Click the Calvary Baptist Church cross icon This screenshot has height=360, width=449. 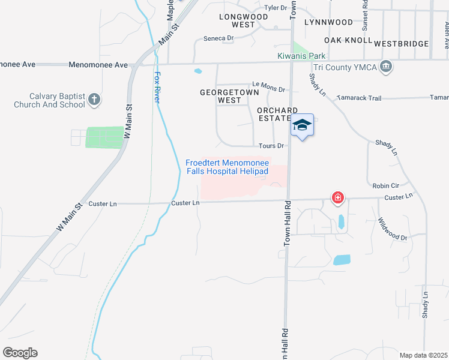coord(94,100)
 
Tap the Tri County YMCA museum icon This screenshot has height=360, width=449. coord(387,67)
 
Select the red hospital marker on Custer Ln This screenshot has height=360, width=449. coord(338,197)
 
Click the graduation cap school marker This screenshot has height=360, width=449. coord(303,125)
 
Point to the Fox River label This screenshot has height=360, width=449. coord(158,88)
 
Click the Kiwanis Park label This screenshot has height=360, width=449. coord(301,56)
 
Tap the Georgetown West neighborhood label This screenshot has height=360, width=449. coord(229,97)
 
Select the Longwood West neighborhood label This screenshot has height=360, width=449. coord(237,21)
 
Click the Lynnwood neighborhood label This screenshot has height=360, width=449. coord(328,22)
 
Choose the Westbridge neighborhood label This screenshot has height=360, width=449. coord(401,44)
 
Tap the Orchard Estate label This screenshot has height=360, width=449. coord(277,115)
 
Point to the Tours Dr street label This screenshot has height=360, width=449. coord(271,146)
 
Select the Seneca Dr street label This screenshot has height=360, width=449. coord(218,38)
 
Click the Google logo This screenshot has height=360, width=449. coord(20,353)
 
